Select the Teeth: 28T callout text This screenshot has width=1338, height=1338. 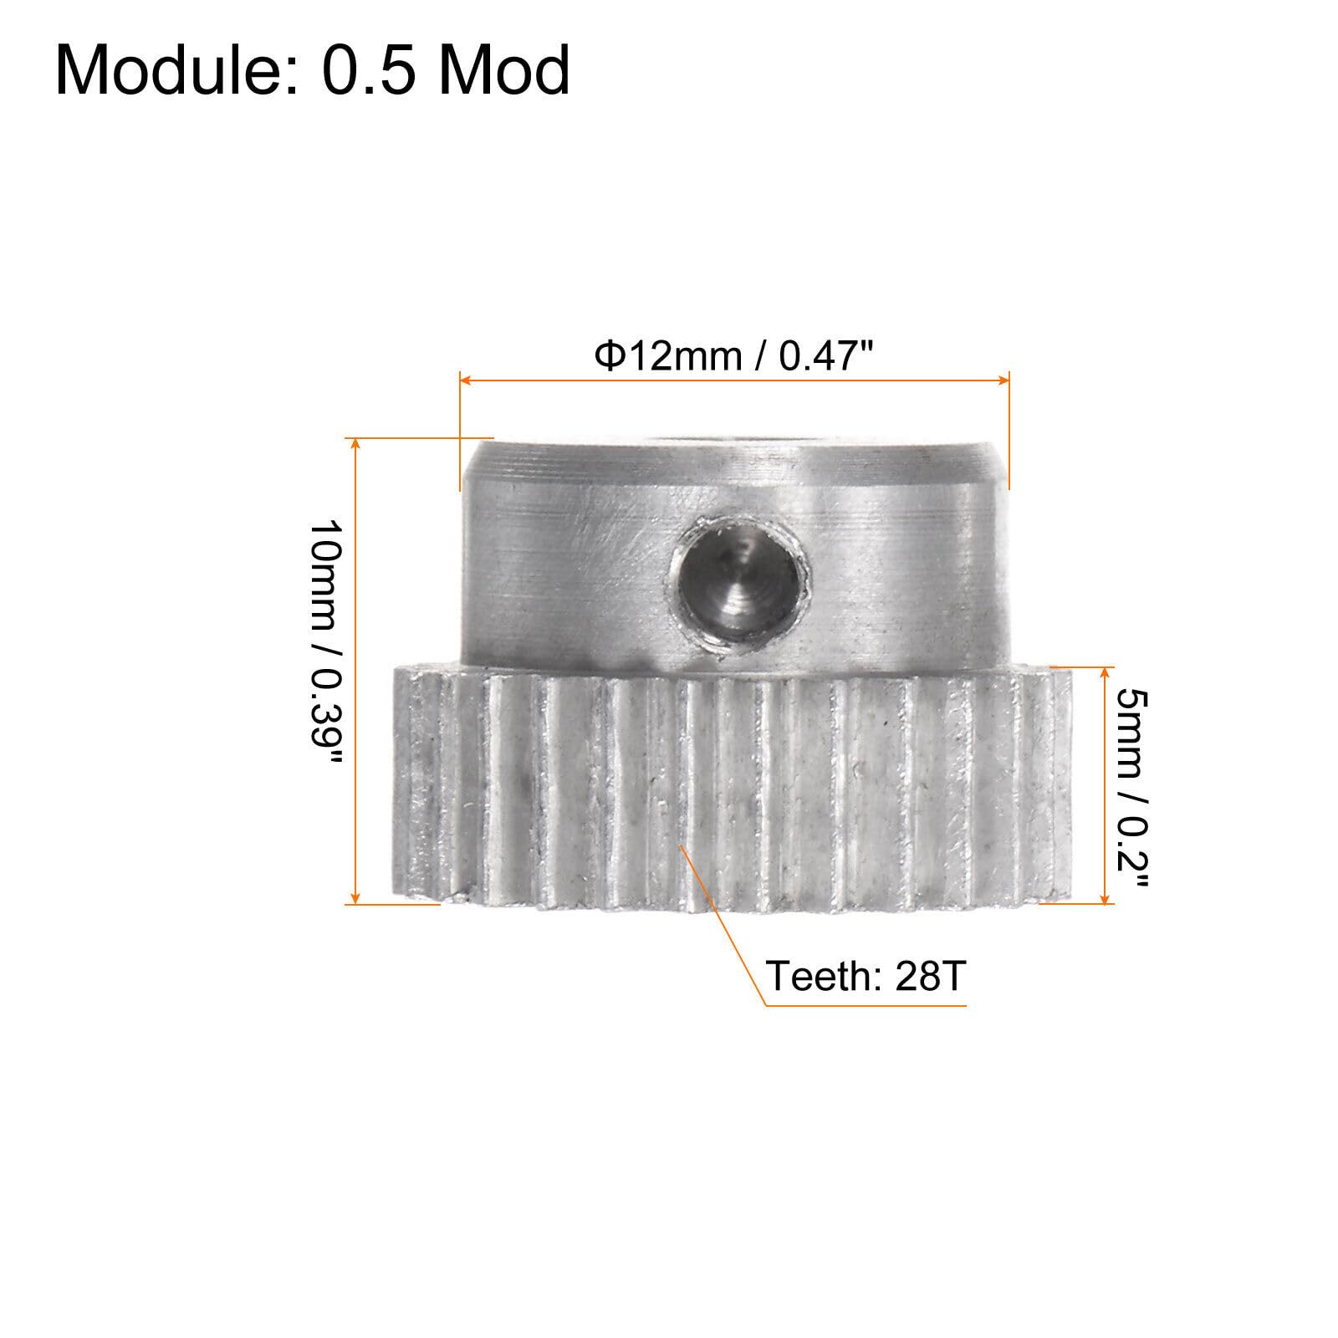coord(866,977)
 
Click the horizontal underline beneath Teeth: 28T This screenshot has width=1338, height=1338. coord(866,1004)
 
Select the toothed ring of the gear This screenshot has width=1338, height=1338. coord(732,786)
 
